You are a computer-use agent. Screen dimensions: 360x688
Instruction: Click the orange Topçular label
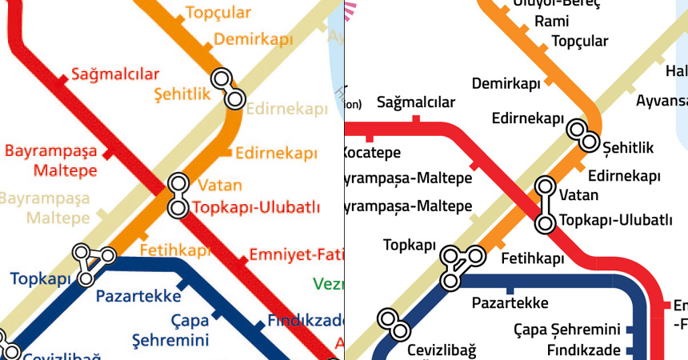(218, 13)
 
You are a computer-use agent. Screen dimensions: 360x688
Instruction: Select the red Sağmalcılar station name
(116, 74)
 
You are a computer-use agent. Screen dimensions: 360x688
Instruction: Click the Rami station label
(551, 22)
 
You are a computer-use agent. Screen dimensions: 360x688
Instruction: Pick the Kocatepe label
(371, 152)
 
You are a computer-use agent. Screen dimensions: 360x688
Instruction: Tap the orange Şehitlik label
(182, 94)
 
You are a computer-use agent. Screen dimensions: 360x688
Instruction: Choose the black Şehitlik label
(628, 148)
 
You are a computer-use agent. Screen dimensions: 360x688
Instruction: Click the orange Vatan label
(219, 186)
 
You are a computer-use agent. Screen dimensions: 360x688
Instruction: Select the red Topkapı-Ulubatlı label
(256, 208)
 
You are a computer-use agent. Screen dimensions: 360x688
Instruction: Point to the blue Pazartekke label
(138, 296)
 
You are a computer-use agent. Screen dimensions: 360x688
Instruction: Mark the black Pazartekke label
(510, 303)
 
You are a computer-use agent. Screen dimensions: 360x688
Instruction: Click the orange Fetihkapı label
(174, 250)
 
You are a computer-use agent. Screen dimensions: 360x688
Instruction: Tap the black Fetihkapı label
(532, 259)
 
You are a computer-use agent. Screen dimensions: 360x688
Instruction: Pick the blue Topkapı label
(40, 279)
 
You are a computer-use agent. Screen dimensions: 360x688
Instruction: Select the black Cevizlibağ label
(441, 350)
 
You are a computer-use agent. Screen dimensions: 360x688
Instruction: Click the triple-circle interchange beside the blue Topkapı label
(92, 261)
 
